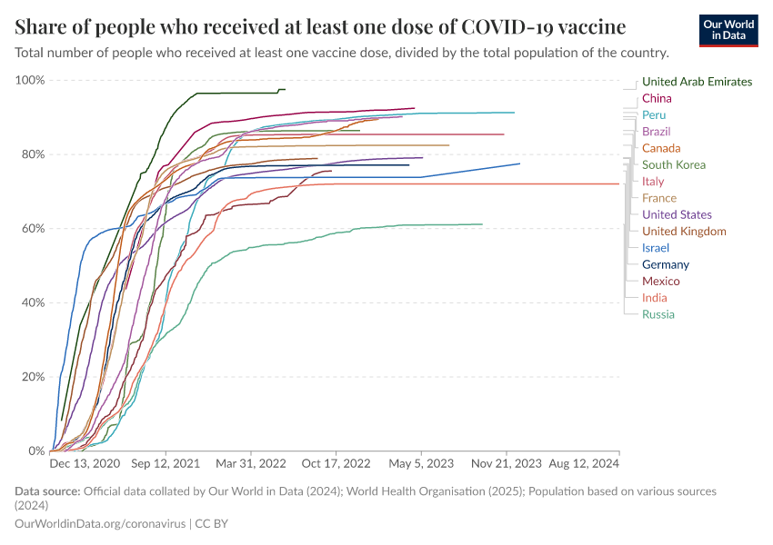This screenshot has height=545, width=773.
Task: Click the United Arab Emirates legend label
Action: click(697, 82)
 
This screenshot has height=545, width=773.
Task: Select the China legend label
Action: click(657, 98)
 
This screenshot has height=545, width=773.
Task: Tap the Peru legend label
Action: click(653, 115)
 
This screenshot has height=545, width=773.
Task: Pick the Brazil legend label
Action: click(656, 132)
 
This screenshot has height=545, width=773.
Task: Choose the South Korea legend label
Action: click(674, 164)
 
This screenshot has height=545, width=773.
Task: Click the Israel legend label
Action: click(655, 248)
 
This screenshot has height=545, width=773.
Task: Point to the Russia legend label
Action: click(658, 314)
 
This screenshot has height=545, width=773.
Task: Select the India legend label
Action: click(654, 298)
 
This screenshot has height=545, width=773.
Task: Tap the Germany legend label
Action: click(665, 264)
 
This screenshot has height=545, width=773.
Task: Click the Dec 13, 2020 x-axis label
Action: click(85, 463)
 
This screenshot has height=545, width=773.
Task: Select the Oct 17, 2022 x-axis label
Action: click(336, 463)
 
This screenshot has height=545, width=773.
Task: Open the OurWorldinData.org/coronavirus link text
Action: click(101, 524)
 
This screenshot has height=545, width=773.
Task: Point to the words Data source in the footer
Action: click(46, 491)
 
